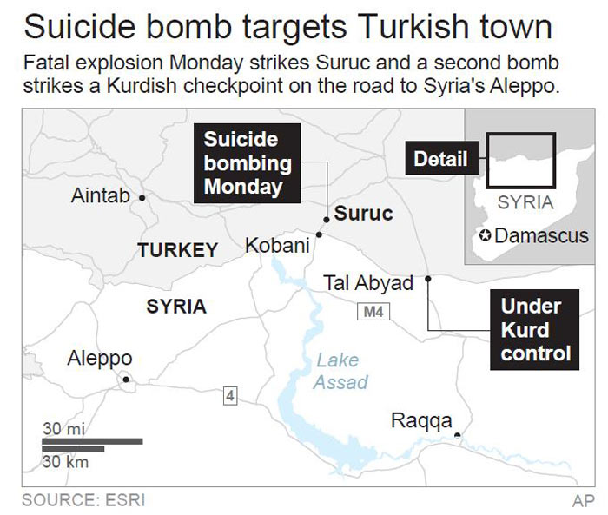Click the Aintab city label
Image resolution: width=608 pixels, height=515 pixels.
click(x=100, y=196)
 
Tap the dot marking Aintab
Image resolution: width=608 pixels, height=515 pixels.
click(x=142, y=198)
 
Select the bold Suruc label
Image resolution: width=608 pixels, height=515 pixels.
click(x=364, y=213)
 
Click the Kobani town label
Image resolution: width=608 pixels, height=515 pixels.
click(x=277, y=246)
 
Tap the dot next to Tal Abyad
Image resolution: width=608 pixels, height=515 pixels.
click(x=427, y=280)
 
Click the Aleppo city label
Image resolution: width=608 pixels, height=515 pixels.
click(x=100, y=358)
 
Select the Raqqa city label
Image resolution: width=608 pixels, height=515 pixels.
click(x=421, y=421)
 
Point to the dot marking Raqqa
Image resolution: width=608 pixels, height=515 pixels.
click(x=457, y=434)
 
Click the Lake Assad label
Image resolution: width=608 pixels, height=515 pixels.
click(x=340, y=371)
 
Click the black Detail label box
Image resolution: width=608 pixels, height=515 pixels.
click(x=440, y=159)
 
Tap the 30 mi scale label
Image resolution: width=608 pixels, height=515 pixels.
click(x=63, y=428)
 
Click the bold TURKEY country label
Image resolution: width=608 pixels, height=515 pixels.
click(x=178, y=250)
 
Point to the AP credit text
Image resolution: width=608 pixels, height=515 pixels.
click(x=583, y=500)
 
